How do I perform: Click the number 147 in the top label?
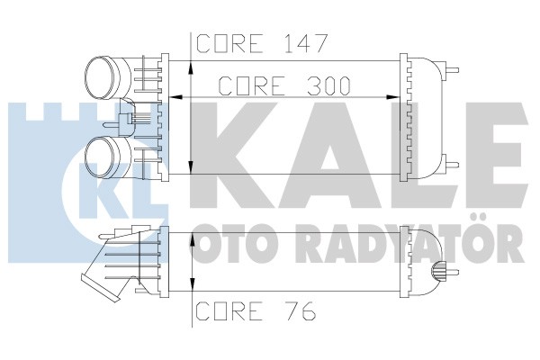(304, 43)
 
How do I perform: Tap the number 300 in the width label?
(328, 85)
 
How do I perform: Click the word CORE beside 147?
(228, 43)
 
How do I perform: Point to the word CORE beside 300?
(251, 85)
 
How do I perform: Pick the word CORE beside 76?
(228, 310)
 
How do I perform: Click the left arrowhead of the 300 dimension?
(176, 97)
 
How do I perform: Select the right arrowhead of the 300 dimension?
(392, 97)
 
